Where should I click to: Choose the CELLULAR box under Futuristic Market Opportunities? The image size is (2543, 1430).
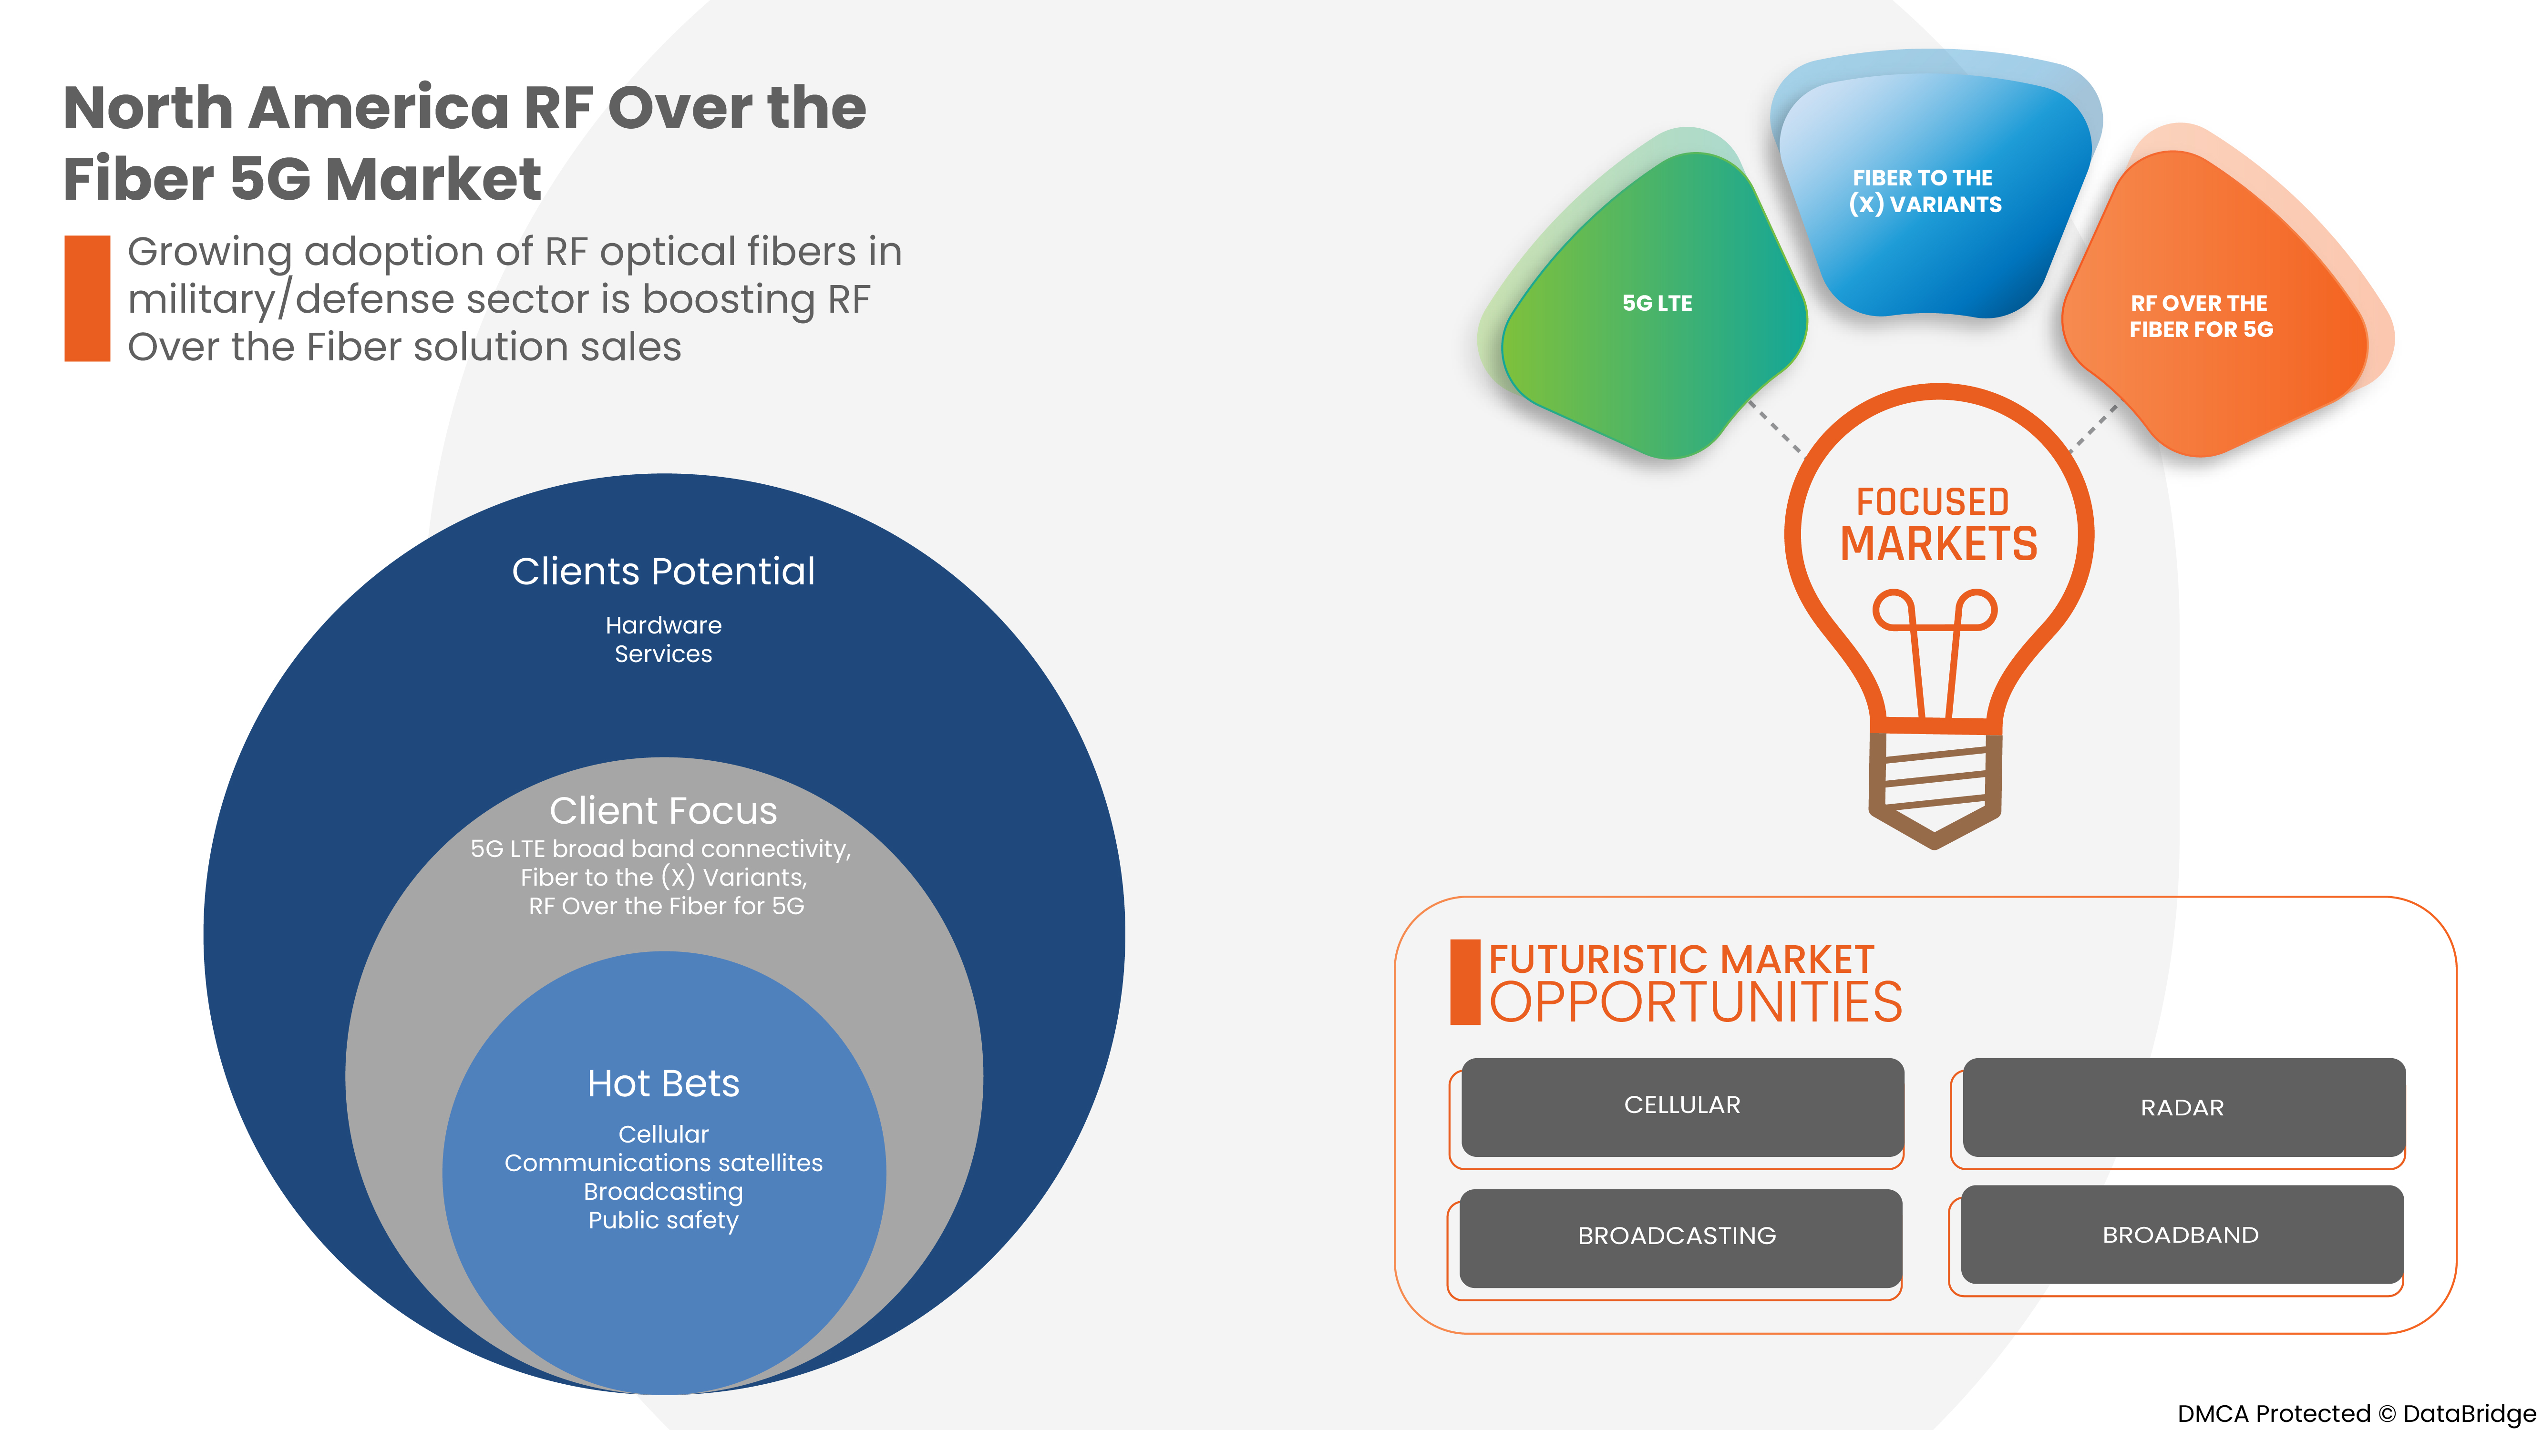pyautogui.click(x=1682, y=1105)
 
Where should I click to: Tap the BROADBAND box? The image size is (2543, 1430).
pyautogui.click(x=2181, y=1235)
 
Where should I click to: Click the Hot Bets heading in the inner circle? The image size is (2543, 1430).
pyautogui.click(x=663, y=1083)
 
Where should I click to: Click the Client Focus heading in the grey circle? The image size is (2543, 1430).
pyautogui.click(x=663, y=811)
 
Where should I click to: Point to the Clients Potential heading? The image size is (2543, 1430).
pyautogui.click(x=663, y=572)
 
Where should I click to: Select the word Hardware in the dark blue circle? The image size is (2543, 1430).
pyautogui.click(x=663, y=626)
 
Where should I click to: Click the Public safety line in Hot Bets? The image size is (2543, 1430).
pyautogui.click(x=663, y=1221)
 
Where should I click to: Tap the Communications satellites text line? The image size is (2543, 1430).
pyautogui.click(x=663, y=1164)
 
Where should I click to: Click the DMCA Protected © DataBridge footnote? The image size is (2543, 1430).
pyautogui.click(x=2356, y=1413)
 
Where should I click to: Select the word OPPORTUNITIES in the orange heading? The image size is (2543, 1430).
pyautogui.click(x=1695, y=1003)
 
